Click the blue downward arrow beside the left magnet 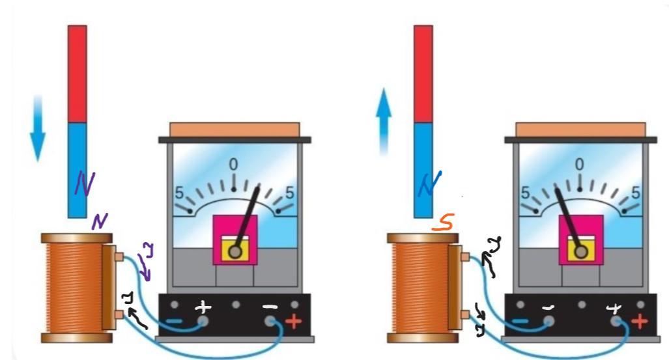click(38, 130)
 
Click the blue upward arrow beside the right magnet click(384, 124)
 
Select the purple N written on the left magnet click(83, 184)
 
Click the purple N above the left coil click(99, 222)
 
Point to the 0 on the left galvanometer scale click(234, 163)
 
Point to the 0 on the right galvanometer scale click(580, 163)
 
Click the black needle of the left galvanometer click(248, 215)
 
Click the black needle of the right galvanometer click(566, 215)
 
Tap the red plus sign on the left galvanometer click(293, 321)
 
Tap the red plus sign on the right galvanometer click(640, 321)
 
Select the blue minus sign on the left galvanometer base click(174, 320)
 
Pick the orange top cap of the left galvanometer click(235, 129)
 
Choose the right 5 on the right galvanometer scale click(636, 193)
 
